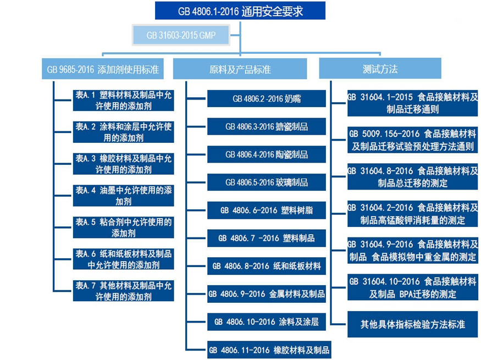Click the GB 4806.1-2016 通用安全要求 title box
pos(240,10)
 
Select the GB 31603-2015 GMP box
pos(180,35)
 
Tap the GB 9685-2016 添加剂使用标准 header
pos(103,70)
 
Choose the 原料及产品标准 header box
pos(240,70)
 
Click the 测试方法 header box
pos(380,70)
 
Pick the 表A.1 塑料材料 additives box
pos(124,100)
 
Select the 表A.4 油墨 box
pos(124,196)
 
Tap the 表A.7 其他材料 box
pos(124,291)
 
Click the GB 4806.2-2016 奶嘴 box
pos(267,99)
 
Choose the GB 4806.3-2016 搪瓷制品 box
pos(267,127)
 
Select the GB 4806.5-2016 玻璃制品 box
pos(267,182)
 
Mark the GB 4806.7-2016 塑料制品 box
pos(267,239)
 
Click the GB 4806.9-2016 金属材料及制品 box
pos(267,294)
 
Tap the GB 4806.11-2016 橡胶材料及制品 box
pos(270,350)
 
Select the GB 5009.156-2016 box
pos(412,140)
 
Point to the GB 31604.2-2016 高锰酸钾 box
pos(412,214)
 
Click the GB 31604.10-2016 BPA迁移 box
pos(412,287)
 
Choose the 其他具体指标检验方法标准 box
pos(412,324)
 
